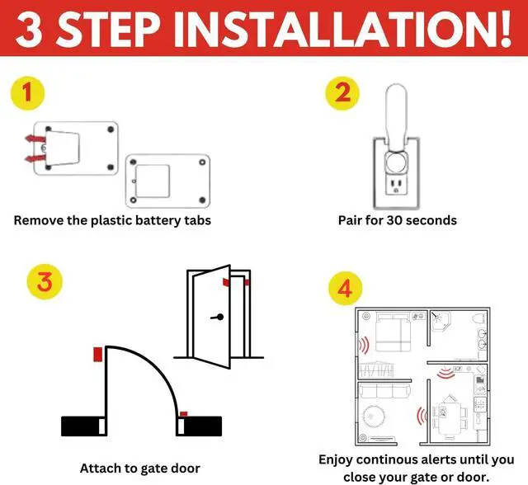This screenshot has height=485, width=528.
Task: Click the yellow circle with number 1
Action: [x=28, y=93]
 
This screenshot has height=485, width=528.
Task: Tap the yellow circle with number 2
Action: [x=341, y=93]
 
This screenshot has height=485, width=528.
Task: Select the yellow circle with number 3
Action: [x=45, y=282]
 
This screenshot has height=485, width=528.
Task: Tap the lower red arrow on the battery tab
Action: [x=32, y=157]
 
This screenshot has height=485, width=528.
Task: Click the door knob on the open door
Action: [x=219, y=318]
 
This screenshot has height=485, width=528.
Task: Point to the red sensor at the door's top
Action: [x=226, y=281]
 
